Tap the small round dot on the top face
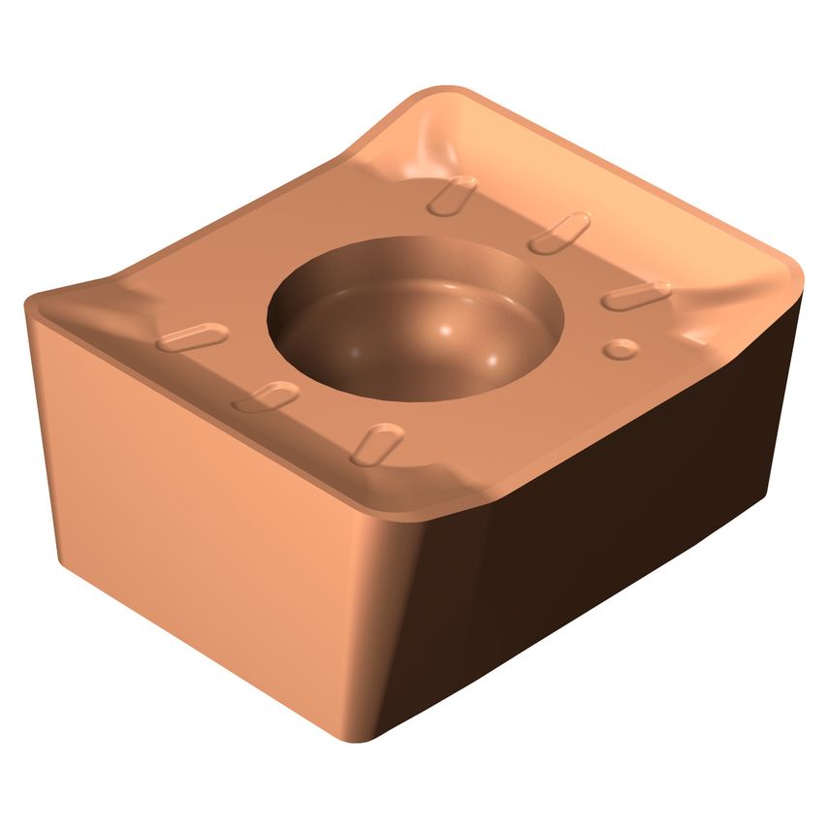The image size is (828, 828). (x=618, y=348)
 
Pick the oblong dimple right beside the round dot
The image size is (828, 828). (x=636, y=296)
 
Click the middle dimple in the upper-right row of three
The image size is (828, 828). (x=559, y=233)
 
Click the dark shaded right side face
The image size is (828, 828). (x=621, y=543)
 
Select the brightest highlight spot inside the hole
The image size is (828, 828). (x=445, y=333)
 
